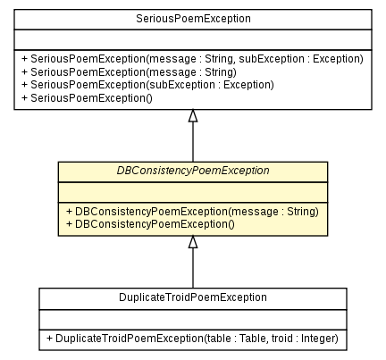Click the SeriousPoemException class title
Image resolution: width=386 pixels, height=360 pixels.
(x=192, y=19)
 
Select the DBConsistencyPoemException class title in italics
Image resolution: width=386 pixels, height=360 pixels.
(x=192, y=171)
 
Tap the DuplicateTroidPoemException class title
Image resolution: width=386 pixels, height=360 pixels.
(x=192, y=297)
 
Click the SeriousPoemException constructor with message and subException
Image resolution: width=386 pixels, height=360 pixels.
(x=191, y=58)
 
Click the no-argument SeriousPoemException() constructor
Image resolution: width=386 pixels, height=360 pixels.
(x=86, y=96)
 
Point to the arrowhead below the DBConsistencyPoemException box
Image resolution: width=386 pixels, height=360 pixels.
(x=192, y=242)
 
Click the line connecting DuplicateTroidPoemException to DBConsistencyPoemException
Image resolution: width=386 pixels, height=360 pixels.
(x=192, y=268)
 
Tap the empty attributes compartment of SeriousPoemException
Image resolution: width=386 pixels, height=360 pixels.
(x=192, y=38)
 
